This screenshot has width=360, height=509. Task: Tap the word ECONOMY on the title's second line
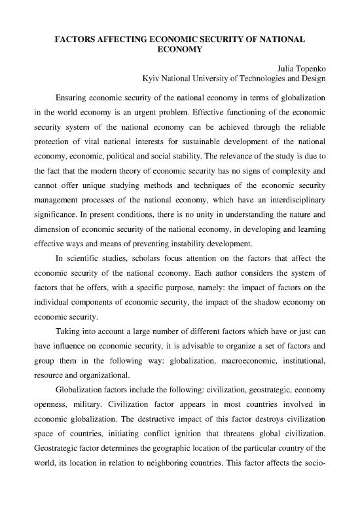(x=180, y=51)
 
